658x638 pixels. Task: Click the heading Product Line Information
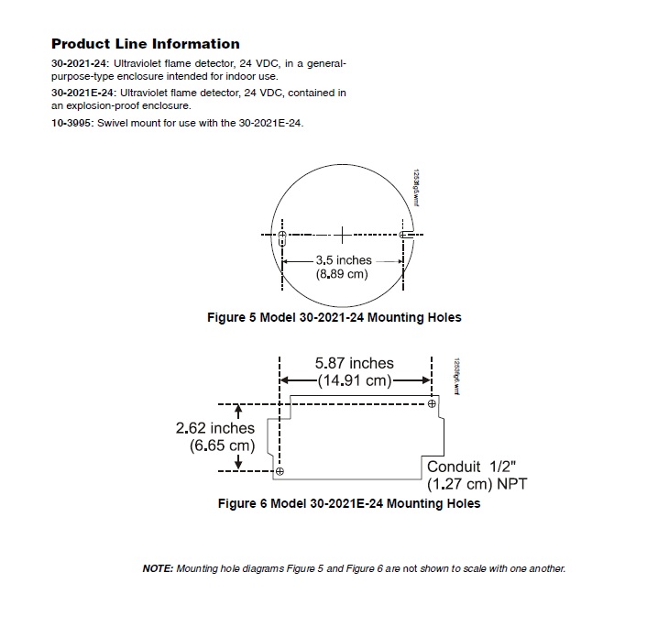pyautogui.click(x=146, y=44)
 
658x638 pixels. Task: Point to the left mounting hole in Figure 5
pyautogui.click(x=282, y=236)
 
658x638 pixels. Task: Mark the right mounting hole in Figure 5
pyautogui.click(x=404, y=236)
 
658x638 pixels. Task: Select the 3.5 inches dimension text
pyautogui.click(x=344, y=260)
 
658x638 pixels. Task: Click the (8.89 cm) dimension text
pyautogui.click(x=343, y=274)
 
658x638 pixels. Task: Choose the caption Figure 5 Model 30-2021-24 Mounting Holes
pyautogui.click(x=335, y=317)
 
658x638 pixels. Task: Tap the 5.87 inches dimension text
pyautogui.click(x=355, y=364)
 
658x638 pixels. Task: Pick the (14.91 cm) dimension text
pyautogui.click(x=355, y=379)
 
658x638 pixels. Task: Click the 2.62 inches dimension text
pyautogui.click(x=216, y=428)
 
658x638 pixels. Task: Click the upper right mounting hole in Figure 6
pyautogui.click(x=431, y=401)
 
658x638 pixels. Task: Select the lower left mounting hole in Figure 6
pyautogui.click(x=280, y=471)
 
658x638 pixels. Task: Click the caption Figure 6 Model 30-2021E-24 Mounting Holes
pyautogui.click(x=348, y=503)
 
